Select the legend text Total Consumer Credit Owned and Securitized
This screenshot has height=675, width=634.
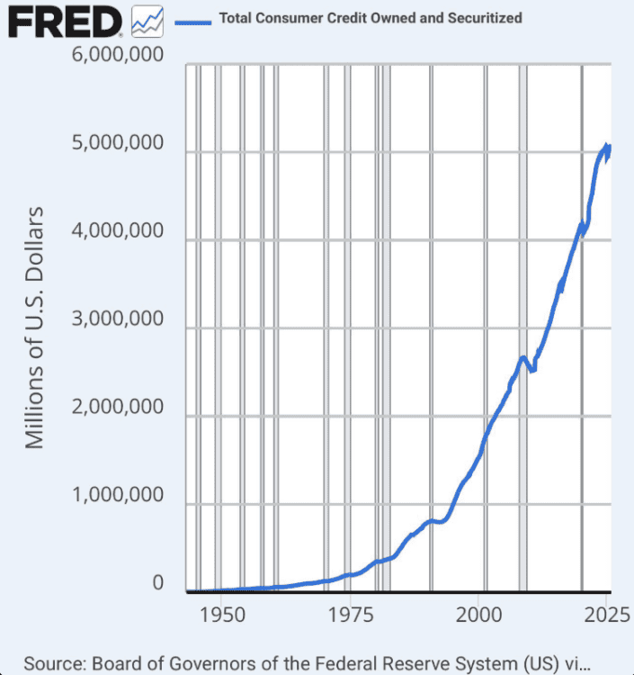click(x=370, y=18)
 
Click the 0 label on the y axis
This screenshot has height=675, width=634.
click(x=158, y=584)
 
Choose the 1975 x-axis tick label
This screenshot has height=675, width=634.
click(x=352, y=616)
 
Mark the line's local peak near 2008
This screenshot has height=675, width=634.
click(x=523, y=358)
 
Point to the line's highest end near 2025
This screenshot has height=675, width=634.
click(x=606, y=146)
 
